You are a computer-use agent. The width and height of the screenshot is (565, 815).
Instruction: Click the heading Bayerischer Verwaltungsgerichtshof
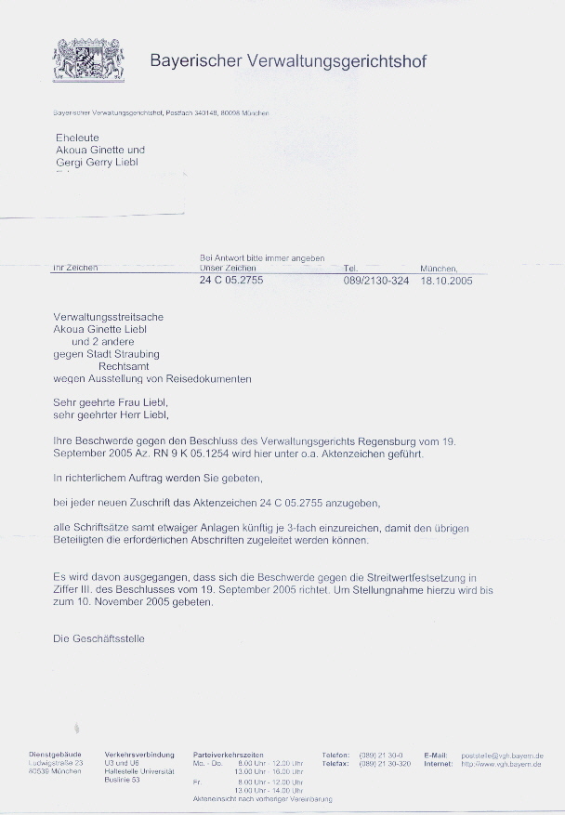pyautogui.click(x=288, y=61)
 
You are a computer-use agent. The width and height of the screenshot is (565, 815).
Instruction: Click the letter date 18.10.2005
pyautogui.click(x=446, y=280)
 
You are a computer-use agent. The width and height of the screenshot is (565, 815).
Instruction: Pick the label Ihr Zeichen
pyautogui.click(x=75, y=268)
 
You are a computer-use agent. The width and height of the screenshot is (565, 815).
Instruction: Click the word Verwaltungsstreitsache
pyautogui.click(x=109, y=316)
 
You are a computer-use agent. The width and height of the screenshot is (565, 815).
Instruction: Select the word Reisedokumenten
pyautogui.click(x=206, y=379)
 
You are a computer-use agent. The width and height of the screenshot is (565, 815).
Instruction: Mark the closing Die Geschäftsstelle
pyautogui.click(x=99, y=638)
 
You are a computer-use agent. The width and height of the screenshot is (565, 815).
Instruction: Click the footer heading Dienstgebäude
pyautogui.click(x=55, y=755)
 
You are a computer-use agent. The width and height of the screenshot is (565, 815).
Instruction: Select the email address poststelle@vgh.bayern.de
pyautogui.click(x=502, y=756)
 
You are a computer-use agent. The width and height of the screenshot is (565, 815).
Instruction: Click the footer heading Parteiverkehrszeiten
pyautogui.click(x=229, y=755)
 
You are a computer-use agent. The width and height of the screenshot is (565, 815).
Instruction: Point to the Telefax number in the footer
pyautogui.click(x=385, y=763)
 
